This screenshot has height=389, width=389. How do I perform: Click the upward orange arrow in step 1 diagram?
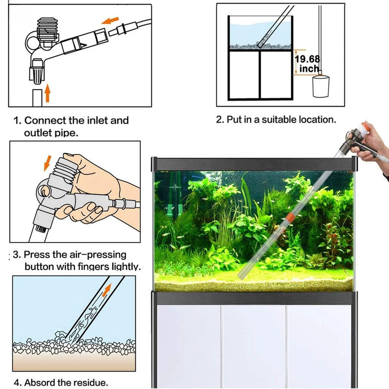(x=47, y=93)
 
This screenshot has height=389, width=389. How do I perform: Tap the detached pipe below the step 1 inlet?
(x=36, y=97)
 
